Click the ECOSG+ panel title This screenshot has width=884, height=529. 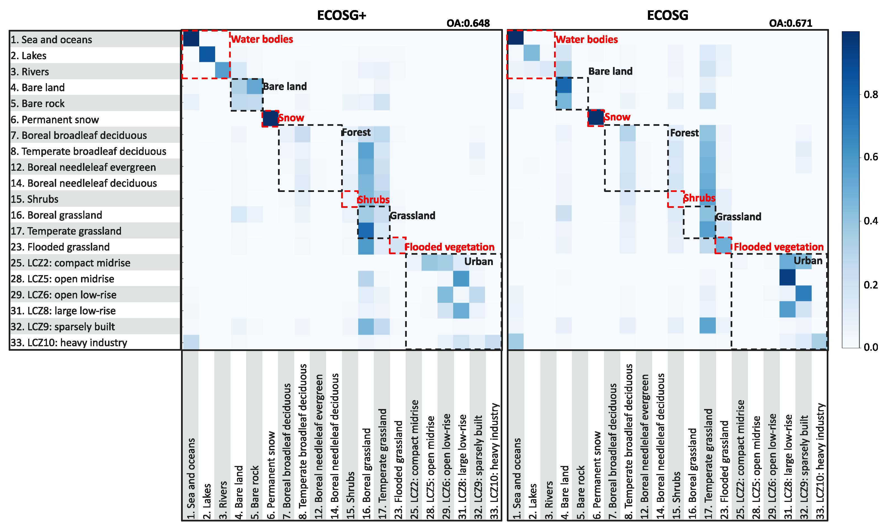[x=341, y=15]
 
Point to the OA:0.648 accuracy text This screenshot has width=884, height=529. [x=468, y=23]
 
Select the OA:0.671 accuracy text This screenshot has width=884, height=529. [x=790, y=23]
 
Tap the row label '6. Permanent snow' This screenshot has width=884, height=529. [x=54, y=119]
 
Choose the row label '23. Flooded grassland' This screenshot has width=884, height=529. [x=60, y=247]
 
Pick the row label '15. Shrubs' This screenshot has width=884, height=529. [x=34, y=199]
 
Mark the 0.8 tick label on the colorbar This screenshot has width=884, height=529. [x=871, y=95]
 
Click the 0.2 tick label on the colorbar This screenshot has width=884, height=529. [x=871, y=285]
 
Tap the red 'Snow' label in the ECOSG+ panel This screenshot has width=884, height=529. [x=291, y=118]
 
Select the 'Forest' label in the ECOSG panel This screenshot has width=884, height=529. [x=684, y=133]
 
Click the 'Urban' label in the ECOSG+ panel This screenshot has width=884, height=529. [x=478, y=262]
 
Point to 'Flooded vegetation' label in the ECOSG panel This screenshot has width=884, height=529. [x=778, y=247]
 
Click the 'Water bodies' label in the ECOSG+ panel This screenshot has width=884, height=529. [x=262, y=39]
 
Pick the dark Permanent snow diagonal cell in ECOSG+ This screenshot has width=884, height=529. [x=270, y=118]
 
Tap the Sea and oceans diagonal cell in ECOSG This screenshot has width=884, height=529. [x=515, y=39]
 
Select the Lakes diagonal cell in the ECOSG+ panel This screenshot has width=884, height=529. [x=207, y=54]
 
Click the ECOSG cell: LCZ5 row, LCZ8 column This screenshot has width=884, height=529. [x=787, y=278]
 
